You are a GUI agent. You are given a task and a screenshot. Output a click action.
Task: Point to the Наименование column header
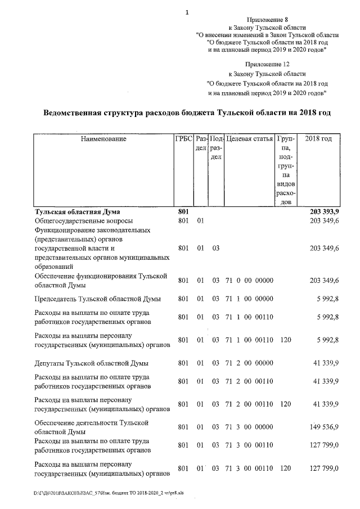pos(103,139)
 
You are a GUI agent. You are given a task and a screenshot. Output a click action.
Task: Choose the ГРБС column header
pos(184,139)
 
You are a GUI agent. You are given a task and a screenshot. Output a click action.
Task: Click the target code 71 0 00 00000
pos(249,280)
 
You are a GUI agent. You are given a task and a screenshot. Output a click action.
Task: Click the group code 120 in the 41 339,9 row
pos(285,404)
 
